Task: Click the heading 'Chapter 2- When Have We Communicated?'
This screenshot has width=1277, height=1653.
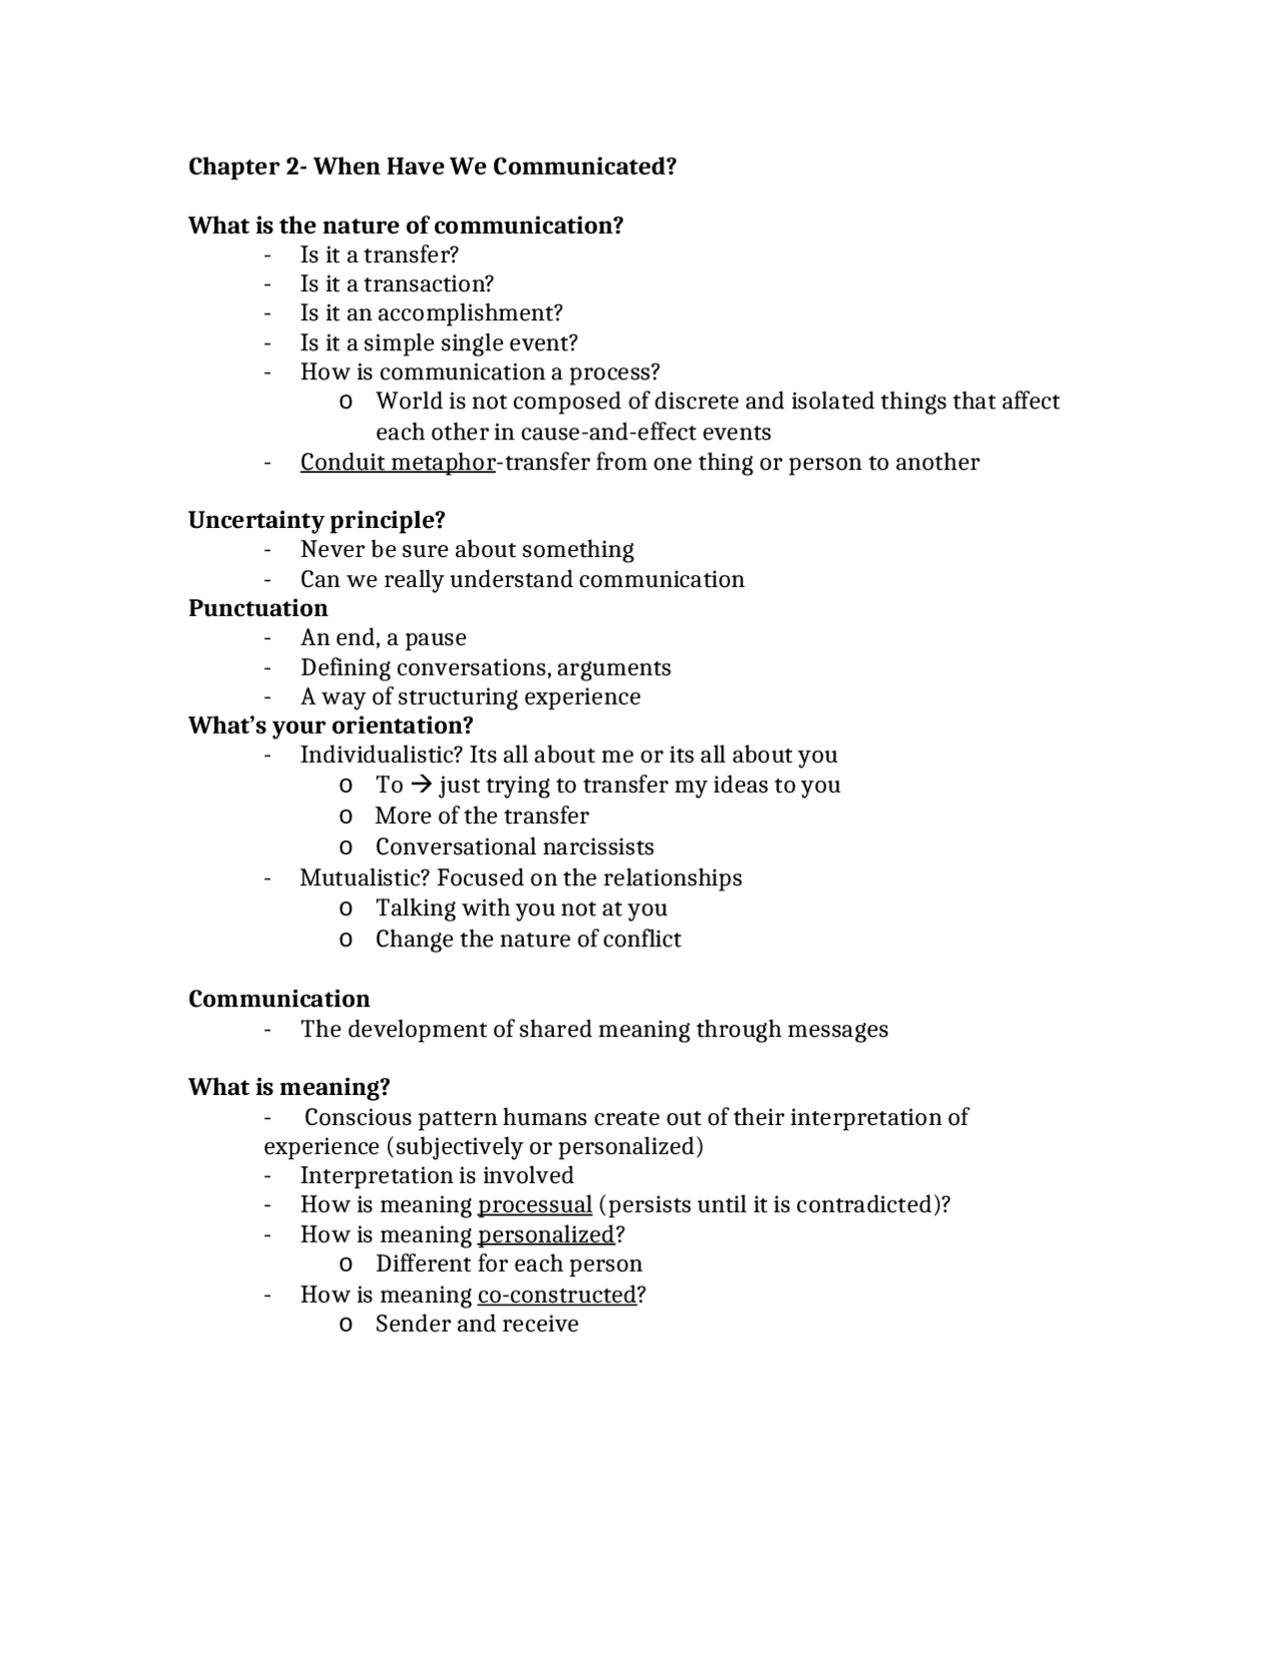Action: tap(432, 167)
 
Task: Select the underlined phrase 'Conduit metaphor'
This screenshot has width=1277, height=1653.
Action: tap(397, 462)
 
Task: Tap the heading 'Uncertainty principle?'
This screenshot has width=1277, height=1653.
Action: tap(316, 520)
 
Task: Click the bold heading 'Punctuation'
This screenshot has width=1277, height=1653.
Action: tap(257, 608)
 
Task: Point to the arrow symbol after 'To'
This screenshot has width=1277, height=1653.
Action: tap(420, 786)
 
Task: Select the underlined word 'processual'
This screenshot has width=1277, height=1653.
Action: tap(535, 1205)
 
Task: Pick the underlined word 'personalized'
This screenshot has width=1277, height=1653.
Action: tap(546, 1235)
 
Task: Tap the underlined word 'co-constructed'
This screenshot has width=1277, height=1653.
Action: tap(557, 1295)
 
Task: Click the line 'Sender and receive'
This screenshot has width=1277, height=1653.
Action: tap(477, 1324)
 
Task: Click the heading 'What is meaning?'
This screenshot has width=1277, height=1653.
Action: tap(288, 1087)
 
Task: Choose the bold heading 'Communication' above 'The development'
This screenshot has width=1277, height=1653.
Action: tap(278, 999)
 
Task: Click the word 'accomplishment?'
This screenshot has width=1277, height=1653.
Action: tap(470, 313)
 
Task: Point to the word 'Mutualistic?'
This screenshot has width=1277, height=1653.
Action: tap(364, 877)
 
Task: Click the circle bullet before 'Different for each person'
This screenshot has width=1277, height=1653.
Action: tap(345, 1265)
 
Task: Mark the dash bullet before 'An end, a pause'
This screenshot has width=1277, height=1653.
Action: tap(267, 638)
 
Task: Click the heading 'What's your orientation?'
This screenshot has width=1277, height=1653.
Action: tap(330, 726)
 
